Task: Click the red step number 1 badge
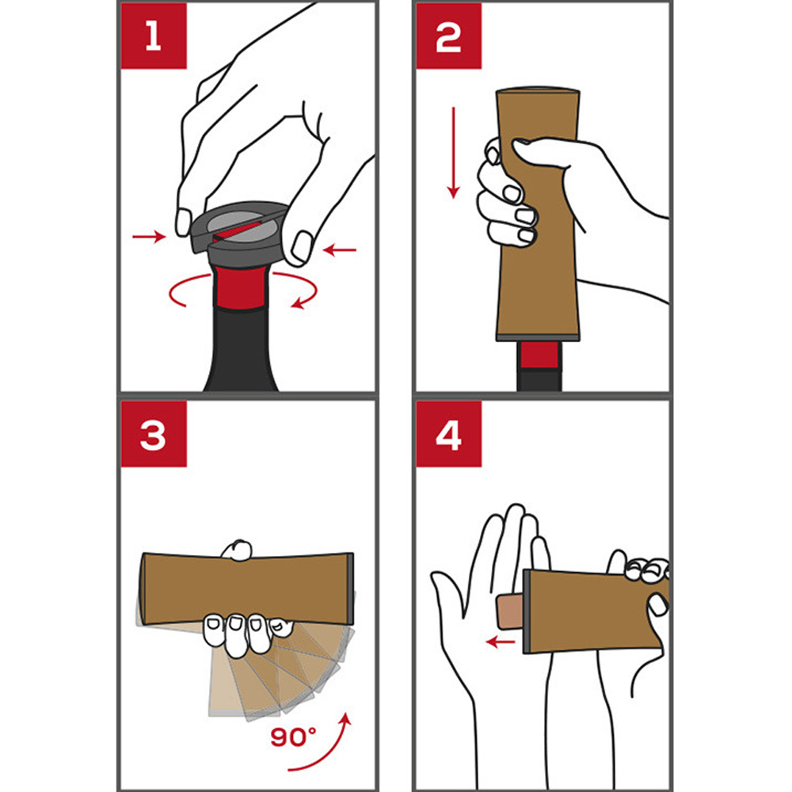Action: click(x=154, y=36)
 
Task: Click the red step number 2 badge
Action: click(x=448, y=36)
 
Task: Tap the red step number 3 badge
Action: click(x=154, y=434)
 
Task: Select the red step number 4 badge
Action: click(x=448, y=434)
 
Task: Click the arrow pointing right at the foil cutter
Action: click(x=149, y=236)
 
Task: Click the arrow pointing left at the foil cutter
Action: click(x=340, y=249)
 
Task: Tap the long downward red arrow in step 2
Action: click(x=454, y=153)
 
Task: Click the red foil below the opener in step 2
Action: click(x=539, y=355)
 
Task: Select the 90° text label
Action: click(x=294, y=737)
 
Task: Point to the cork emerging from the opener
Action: click(x=510, y=611)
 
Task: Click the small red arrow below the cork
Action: click(x=500, y=642)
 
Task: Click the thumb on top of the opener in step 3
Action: click(x=236, y=550)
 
